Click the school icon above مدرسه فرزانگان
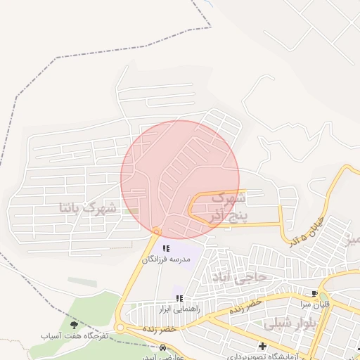[x=167, y=248]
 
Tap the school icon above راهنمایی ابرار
[x=179, y=298]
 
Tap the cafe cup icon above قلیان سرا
[x=314, y=294]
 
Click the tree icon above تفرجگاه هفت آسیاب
[x=74, y=324]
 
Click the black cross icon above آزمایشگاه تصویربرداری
[x=262, y=346]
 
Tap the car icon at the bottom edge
[x=163, y=347]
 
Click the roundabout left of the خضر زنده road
[x=120, y=328]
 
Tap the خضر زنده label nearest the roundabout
[x=159, y=328]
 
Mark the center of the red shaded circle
[x=180, y=179]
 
